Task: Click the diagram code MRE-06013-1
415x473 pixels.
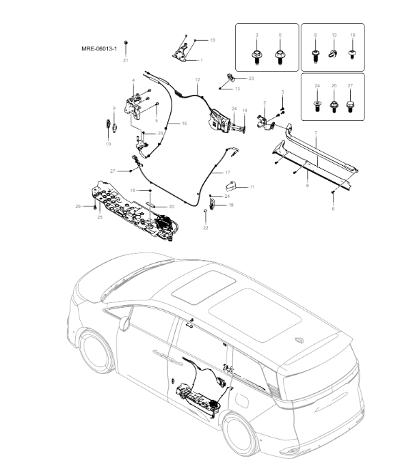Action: [x=99, y=49]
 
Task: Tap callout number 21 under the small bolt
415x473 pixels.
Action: [x=125, y=61]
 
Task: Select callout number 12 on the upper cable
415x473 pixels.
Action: [x=197, y=80]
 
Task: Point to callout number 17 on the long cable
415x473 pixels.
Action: [x=228, y=173]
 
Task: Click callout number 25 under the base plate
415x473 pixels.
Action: [x=99, y=217]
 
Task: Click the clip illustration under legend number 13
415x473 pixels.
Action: [x=334, y=53]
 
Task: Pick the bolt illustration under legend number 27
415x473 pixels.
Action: [x=351, y=105]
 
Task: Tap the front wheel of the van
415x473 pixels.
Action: [x=96, y=355]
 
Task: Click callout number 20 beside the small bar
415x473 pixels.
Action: [x=172, y=206]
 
